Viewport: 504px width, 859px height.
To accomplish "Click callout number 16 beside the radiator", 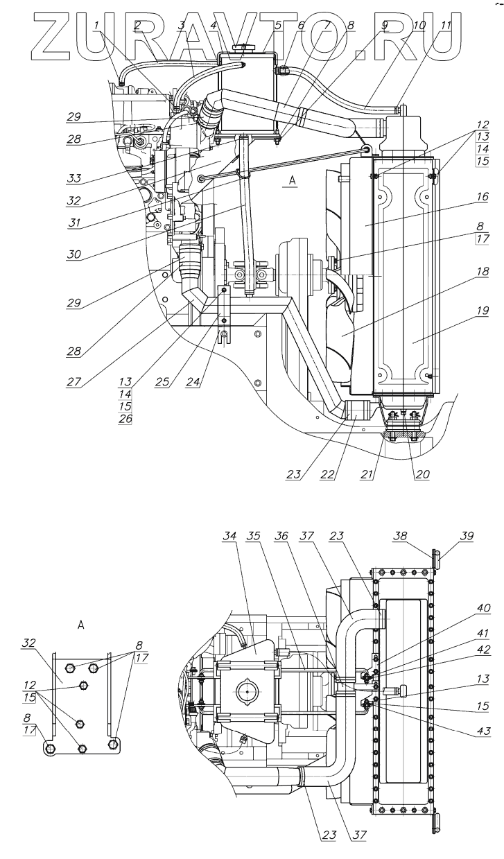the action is pos(482,197).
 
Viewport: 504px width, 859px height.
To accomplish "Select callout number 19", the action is pos(482,311).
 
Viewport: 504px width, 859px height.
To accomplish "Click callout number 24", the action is pos(193,381).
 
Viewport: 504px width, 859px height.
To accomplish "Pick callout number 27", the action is pos(73,381).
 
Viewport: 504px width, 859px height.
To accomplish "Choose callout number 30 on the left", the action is pos(73,254).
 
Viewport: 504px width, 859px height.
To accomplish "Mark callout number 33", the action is pos(73,178).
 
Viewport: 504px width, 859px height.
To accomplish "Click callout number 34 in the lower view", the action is pos(229,536).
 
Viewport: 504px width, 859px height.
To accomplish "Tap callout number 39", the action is pos(467,536).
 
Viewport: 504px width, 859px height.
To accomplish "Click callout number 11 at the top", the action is pos(445,26).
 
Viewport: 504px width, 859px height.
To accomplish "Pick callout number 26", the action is pos(125,419).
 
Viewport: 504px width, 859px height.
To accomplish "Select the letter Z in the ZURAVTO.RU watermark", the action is pos(53,37).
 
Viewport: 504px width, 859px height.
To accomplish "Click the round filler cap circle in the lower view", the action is pos(247,691).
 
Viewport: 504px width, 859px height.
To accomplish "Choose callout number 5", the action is pos(277,26).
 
